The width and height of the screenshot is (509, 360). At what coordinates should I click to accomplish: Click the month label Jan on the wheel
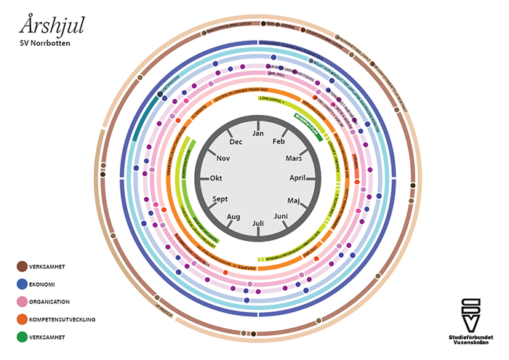[258, 134]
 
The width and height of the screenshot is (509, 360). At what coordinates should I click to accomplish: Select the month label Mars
[294, 158]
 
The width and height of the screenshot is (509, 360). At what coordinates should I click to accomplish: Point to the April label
[299, 177]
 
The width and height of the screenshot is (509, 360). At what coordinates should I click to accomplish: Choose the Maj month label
[294, 199]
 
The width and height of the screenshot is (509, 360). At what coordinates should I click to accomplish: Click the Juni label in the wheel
[280, 216]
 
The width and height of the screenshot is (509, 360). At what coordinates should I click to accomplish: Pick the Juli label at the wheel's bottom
[258, 223]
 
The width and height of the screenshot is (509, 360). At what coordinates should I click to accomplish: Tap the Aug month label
[233, 217]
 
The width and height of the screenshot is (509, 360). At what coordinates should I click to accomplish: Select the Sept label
[220, 199]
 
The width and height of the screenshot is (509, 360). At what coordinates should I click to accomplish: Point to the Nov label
[223, 158]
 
